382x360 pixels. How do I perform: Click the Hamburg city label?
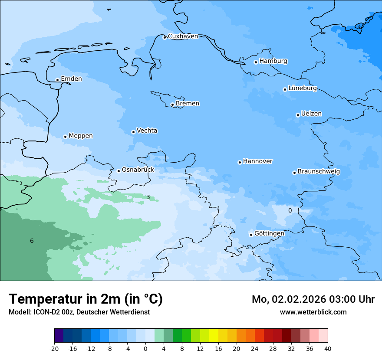[273, 61]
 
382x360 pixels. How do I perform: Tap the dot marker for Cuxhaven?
[165, 37]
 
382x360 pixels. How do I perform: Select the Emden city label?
[71, 79]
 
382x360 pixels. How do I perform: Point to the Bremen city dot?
[172, 105]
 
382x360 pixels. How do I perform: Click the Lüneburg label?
[302, 88]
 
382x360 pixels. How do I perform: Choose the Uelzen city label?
[311, 114]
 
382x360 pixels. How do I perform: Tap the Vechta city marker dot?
[133, 132]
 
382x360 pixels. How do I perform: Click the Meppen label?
[81, 136]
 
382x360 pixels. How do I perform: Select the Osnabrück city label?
[138, 170]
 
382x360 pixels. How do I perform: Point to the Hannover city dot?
[240, 162]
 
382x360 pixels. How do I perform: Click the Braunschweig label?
[319, 172]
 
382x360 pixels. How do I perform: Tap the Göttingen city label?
[269, 234]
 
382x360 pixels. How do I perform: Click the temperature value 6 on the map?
[32, 241]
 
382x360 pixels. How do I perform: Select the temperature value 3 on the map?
[148, 197]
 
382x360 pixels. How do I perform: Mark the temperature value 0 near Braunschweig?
[290, 211]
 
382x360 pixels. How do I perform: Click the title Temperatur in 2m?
[86, 299]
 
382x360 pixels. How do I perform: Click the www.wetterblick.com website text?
[313, 312]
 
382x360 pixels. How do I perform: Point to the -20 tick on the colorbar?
[54, 348]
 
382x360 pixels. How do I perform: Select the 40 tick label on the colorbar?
[328, 348]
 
